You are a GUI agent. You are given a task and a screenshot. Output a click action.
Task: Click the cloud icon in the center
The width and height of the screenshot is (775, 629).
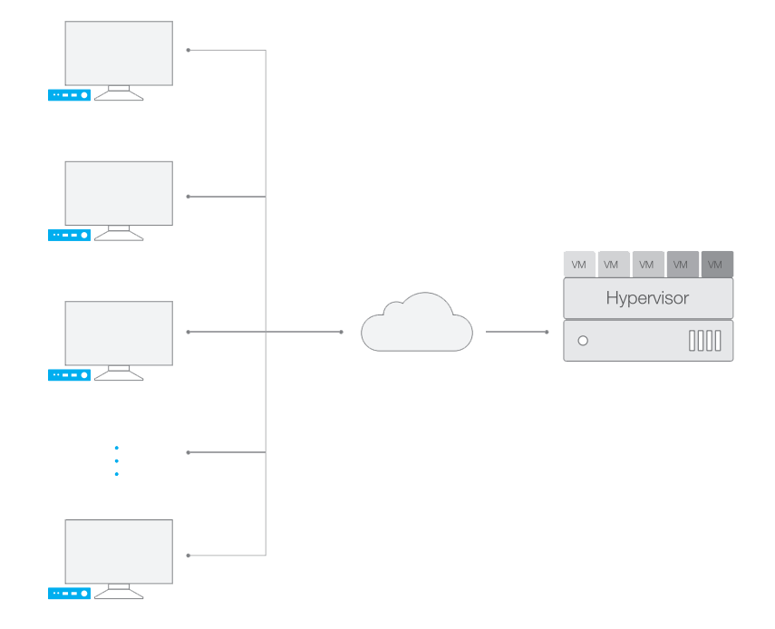[416, 324]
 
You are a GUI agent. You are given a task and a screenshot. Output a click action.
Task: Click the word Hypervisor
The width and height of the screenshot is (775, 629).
[647, 298]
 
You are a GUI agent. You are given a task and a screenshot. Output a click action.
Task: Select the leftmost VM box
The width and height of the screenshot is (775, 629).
[579, 264]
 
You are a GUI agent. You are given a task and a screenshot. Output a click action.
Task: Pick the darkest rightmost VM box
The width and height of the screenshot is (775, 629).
[716, 264]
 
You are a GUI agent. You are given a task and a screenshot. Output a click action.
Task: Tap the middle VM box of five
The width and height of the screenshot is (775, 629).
[647, 264]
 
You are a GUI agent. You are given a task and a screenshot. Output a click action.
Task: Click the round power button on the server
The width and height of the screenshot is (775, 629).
[583, 341]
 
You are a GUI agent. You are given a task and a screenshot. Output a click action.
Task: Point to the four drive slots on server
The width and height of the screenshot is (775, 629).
[704, 341]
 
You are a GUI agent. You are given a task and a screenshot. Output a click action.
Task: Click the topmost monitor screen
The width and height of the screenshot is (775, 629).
[119, 53]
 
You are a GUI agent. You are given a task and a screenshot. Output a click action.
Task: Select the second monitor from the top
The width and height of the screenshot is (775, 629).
[119, 193]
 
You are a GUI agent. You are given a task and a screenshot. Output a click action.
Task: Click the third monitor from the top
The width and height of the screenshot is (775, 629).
[119, 333]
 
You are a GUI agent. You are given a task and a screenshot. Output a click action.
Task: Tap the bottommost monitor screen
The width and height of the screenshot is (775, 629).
[119, 551]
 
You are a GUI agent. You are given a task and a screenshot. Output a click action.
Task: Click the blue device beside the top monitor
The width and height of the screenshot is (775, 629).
[69, 95]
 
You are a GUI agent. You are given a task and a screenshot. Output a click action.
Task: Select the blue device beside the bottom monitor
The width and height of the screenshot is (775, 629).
[69, 594]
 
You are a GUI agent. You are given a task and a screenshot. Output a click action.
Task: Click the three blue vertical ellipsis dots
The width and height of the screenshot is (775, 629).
[116, 460]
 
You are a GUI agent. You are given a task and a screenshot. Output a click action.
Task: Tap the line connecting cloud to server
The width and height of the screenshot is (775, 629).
[517, 332]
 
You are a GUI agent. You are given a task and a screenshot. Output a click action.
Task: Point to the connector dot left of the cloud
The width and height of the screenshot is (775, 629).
[342, 332]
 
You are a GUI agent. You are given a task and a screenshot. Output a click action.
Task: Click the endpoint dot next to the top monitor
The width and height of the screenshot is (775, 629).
[189, 50]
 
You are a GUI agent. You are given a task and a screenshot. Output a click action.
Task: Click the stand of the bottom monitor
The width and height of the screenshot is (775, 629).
[119, 592]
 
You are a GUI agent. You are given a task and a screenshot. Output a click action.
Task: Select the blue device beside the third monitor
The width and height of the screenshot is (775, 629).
[69, 375]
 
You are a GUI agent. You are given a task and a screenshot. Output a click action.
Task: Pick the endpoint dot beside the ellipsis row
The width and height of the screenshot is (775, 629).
[189, 452]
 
